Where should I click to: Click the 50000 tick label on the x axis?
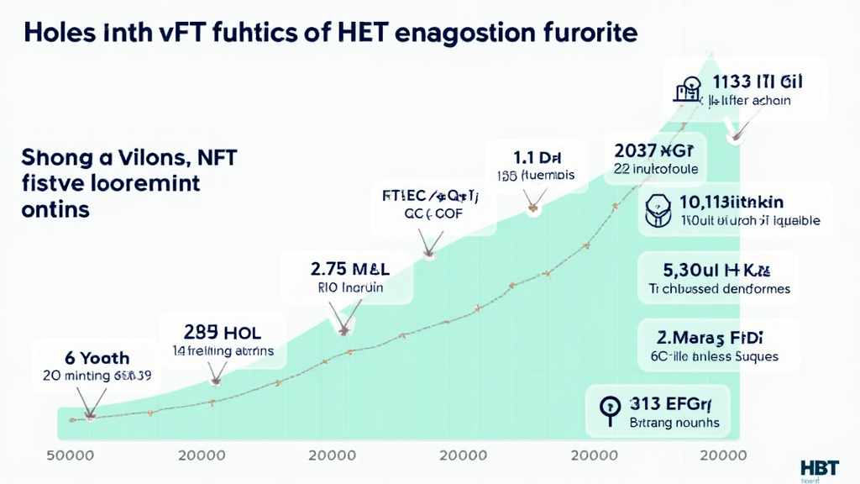click(x=70, y=455)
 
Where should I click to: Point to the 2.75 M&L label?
click(x=350, y=270)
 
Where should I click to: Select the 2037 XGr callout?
click(x=656, y=151)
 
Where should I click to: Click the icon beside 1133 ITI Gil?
click(x=686, y=89)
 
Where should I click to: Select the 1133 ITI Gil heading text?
click(x=757, y=82)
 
